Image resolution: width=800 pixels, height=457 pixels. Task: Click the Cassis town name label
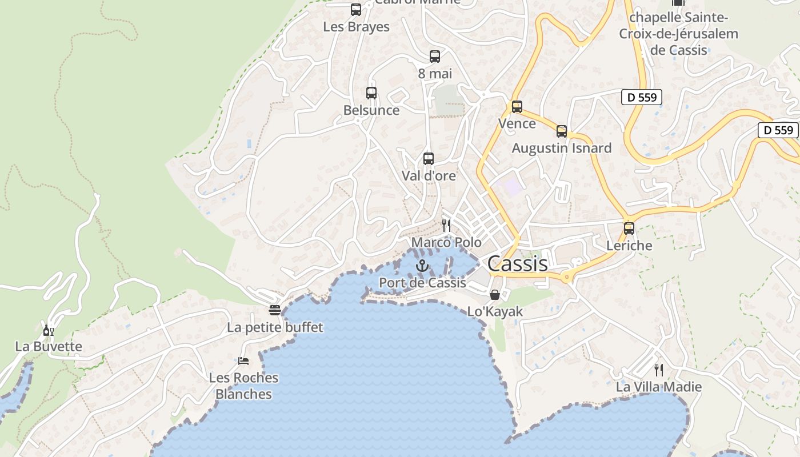point(517,263)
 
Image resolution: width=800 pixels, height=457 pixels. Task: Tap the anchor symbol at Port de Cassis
point(422,266)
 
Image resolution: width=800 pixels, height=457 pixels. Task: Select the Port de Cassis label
point(422,282)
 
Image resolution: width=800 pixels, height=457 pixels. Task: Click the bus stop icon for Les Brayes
point(356,10)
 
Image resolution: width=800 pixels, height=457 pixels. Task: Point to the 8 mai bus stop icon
point(435,57)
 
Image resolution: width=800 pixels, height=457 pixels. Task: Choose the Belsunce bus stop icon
point(371,93)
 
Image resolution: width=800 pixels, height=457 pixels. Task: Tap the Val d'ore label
point(429,175)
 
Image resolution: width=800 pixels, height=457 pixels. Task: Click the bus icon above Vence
point(517,107)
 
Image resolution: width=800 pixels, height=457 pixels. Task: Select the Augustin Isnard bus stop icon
point(562,131)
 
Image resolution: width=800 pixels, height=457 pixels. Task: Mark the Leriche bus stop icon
point(629,228)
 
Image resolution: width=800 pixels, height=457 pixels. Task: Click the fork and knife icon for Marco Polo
point(446,226)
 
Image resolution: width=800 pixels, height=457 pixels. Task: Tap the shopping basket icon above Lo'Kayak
point(495,295)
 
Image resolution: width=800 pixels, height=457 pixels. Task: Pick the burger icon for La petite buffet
point(275,310)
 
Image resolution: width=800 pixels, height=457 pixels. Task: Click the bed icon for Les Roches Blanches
point(243,361)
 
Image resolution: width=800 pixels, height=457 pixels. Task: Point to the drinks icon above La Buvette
point(49,330)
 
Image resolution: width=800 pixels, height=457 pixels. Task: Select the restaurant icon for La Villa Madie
point(659,370)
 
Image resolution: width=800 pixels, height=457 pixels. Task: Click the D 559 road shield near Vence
point(642,97)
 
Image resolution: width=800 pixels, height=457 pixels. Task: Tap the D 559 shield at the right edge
point(778,130)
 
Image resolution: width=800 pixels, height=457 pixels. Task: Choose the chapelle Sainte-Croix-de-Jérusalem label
point(678,34)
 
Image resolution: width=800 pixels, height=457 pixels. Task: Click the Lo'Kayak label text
point(495,312)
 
